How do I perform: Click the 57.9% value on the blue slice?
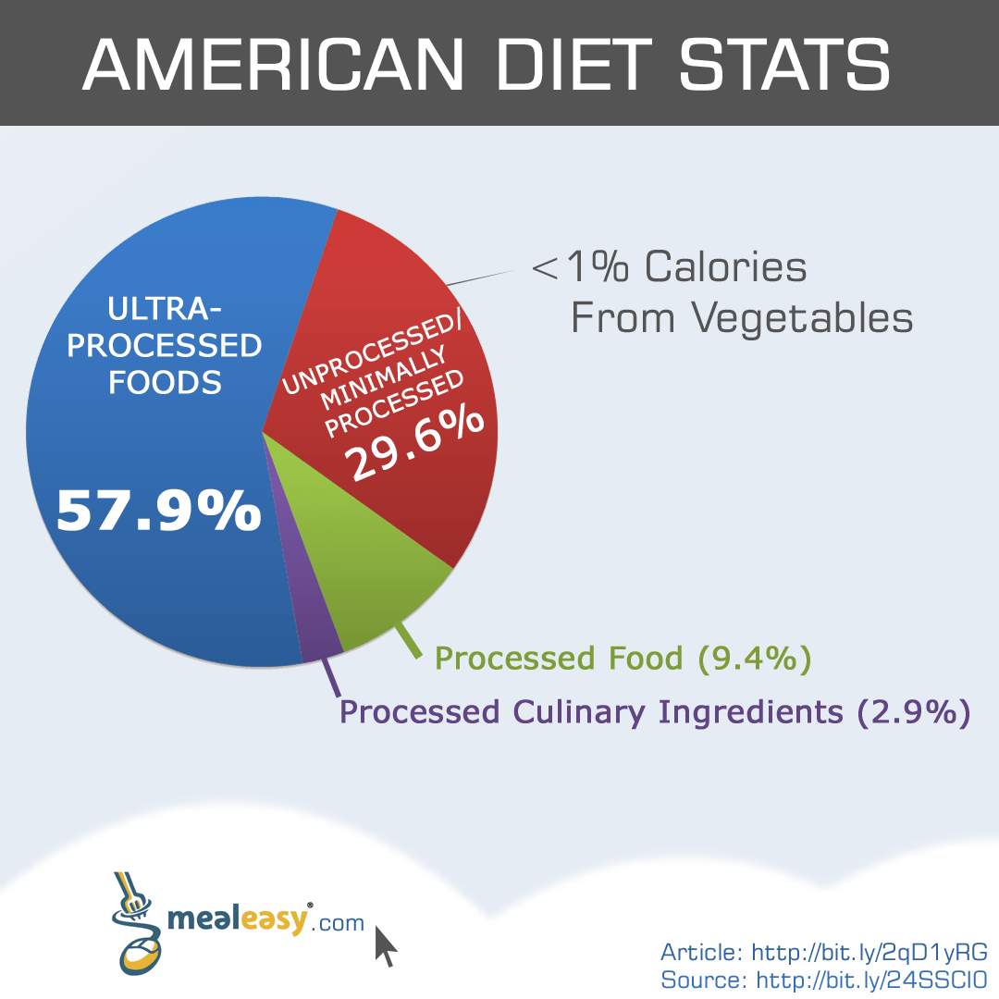click(x=158, y=510)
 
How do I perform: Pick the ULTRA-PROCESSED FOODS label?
click(x=165, y=345)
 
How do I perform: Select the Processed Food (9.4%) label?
click(x=623, y=659)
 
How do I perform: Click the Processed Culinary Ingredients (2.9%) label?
click(x=655, y=712)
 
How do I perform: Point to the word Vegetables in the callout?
click(x=801, y=317)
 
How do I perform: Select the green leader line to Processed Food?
click(x=409, y=642)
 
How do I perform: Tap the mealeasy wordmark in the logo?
click(x=237, y=920)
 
